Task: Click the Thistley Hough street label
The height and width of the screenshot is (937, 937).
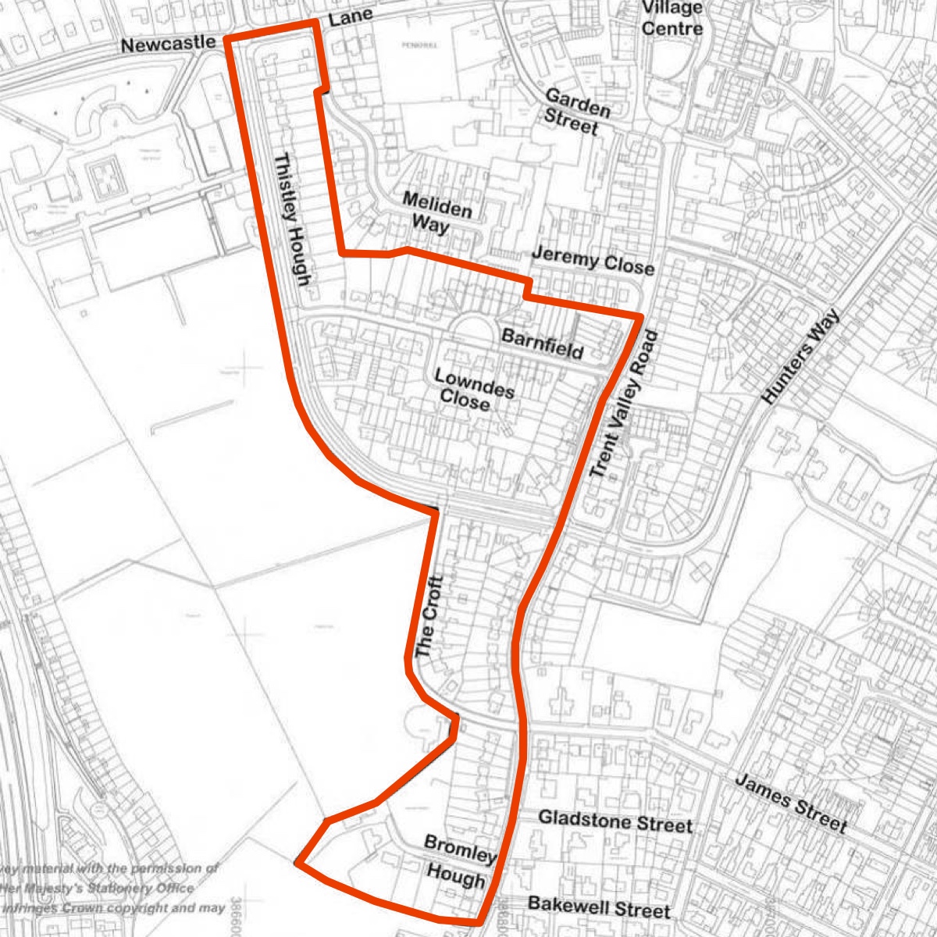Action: [x=294, y=220]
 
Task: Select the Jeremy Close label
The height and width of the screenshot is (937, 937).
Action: [x=592, y=261]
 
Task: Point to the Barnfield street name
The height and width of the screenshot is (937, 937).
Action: [x=542, y=344]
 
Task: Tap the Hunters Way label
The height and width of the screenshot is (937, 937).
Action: [x=800, y=356]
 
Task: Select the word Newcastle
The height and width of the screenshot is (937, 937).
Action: [x=168, y=45]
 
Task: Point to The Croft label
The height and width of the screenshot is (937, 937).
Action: [x=429, y=616]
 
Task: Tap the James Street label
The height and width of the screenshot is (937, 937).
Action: [x=790, y=803]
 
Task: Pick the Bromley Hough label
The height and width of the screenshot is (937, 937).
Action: [x=459, y=861]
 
